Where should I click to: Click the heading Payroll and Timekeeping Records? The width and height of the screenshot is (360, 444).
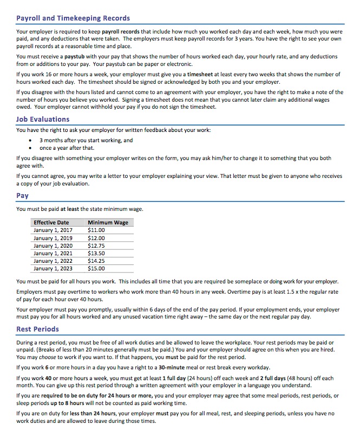73,18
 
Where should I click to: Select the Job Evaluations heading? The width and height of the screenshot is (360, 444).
43,120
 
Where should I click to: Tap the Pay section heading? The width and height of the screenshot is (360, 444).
22,196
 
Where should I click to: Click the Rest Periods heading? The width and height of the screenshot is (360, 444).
38,329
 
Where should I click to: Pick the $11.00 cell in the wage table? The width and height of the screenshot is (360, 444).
96,230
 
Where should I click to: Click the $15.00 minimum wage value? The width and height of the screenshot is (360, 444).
96,268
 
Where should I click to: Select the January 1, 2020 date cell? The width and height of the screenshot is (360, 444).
53,246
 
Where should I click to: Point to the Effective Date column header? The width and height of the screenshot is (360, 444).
51,222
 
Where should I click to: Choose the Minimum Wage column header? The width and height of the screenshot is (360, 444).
108,222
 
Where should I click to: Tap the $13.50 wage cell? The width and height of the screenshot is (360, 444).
96,253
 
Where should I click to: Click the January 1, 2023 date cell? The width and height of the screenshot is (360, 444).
53,268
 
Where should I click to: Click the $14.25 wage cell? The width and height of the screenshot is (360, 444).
96,261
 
